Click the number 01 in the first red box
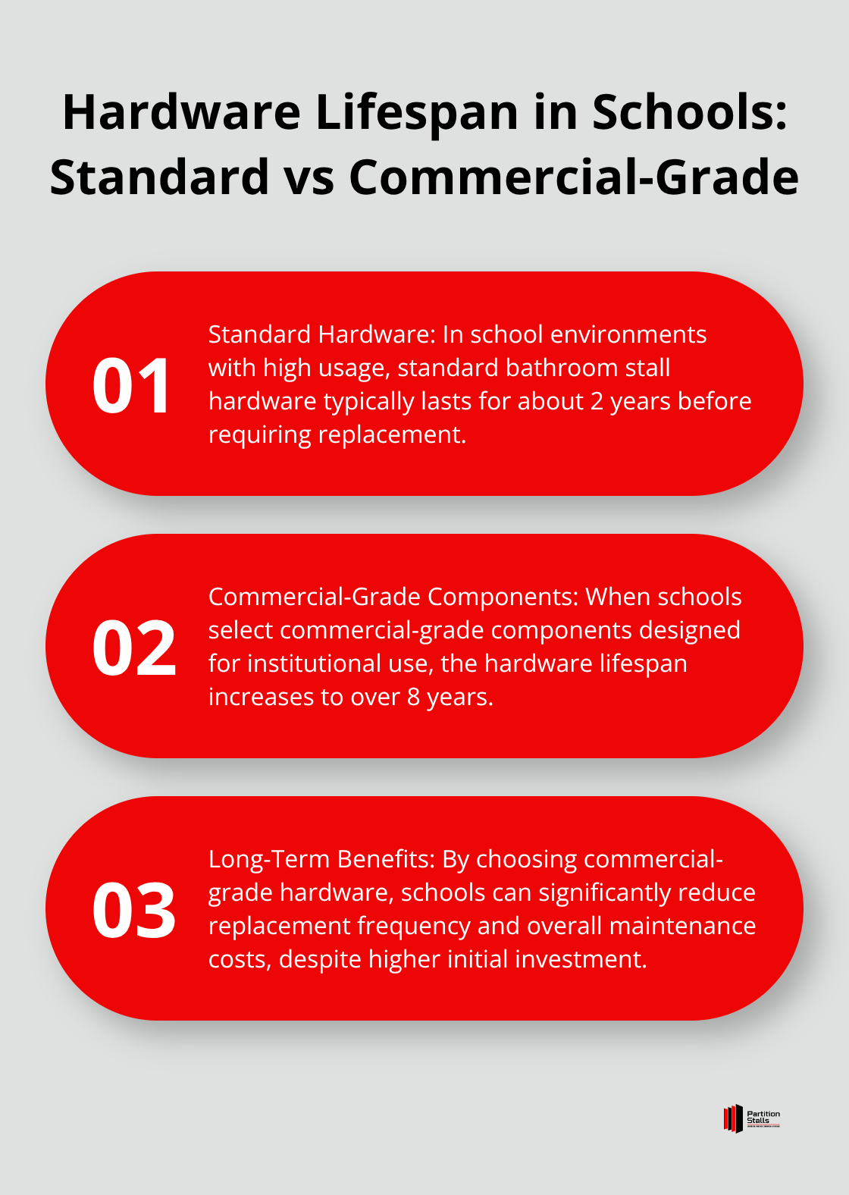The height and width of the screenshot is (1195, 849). (x=130, y=385)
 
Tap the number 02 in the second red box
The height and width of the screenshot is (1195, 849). (x=134, y=648)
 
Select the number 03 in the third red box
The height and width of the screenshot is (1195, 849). (x=134, y=910)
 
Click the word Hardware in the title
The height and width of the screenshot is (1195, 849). (x=182, y=112)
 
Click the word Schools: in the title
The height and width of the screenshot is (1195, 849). (x=690, y=112)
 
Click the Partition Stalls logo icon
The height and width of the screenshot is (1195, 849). (x=733, y=1118)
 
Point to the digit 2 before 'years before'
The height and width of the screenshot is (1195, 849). (x=597, y=401)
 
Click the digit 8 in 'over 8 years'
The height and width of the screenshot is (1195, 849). (x=414, y=697)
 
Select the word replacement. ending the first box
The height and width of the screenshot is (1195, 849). (x=392, y=435)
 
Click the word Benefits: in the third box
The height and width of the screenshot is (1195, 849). (x=386, y=859)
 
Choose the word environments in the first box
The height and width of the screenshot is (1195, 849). (x=628, y=334)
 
